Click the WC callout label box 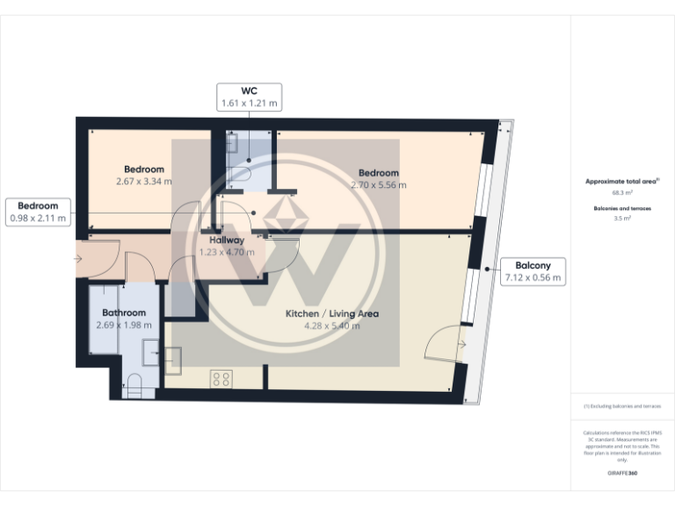[x=249, y=97]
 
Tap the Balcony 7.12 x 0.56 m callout [x=533, y=271]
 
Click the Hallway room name [x=226, y=240]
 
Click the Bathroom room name [x=123, y=313]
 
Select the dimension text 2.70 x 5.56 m [x=378, y=185]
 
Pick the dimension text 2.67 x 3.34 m [x=143, y=182]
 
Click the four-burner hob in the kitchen [x=221, y=379]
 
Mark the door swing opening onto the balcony [x=446, y=343]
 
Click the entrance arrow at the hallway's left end [x=79, y=259]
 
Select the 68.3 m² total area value [x=622, y=192]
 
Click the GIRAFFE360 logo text [x=622, y=473]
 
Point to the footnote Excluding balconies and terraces [x=622, y=407]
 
